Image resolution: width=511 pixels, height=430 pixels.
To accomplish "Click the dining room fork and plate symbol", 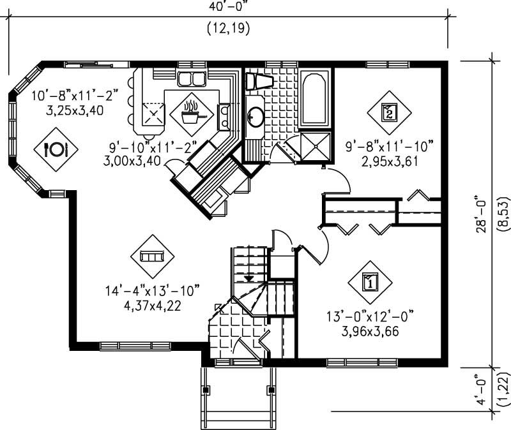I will tap(56, 149).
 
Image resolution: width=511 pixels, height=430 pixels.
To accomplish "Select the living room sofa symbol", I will tap(152, 256).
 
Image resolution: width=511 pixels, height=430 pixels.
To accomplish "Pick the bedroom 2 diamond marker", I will tap(389, 112).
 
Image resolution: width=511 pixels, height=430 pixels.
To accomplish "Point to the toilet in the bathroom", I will tap(259, 81).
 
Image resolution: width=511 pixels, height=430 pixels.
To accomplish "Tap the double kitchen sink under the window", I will tap(192, 79).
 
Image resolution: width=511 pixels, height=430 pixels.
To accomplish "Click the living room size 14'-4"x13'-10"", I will tap(153, 291).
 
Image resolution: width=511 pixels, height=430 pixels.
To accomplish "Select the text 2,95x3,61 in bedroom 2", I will tap(389, 160).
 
